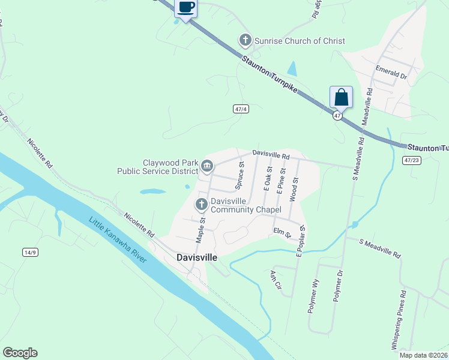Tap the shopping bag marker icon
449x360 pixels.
340,97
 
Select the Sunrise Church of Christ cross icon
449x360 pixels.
245,41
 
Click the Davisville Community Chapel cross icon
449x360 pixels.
201,205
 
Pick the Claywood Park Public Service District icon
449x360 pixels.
207,166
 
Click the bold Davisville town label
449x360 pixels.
197,257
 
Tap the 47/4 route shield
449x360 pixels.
241,109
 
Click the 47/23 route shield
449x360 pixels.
412,160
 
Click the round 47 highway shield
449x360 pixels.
338,115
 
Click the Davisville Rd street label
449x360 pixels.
271,155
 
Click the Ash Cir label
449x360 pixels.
276,278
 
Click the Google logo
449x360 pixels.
20,353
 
